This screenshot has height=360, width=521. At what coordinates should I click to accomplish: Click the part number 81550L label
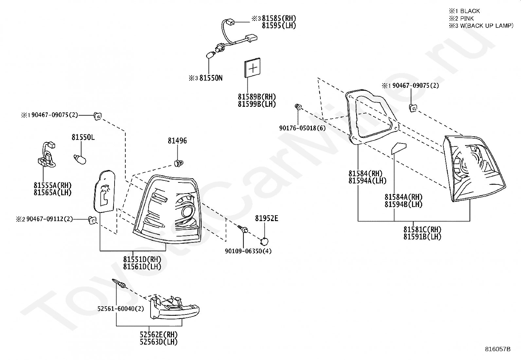[83, 137]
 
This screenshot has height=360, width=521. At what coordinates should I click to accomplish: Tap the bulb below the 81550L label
[80, 160]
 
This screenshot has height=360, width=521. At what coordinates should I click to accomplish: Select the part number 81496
[177, 141]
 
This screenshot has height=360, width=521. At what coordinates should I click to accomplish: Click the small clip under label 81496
[179, 163]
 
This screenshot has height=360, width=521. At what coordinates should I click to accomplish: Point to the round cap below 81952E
[264, 241]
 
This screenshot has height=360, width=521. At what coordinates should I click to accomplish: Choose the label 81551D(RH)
[142, 259]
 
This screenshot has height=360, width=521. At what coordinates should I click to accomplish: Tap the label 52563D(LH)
[159, 342]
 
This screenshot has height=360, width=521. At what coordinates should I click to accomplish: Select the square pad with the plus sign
[252, 68]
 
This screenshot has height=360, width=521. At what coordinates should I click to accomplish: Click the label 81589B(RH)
[257, 97]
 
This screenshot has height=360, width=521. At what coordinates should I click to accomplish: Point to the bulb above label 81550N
[210, 55]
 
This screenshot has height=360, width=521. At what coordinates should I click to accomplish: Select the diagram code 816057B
[498, 349]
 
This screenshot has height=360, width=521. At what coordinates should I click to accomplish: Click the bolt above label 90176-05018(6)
[298, 107]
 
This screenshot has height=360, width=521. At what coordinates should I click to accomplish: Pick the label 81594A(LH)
[368, 180]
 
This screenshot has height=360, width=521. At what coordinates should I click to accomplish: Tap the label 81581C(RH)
[422, 229]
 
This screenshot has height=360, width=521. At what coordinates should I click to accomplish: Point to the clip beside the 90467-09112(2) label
[92, 220]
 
